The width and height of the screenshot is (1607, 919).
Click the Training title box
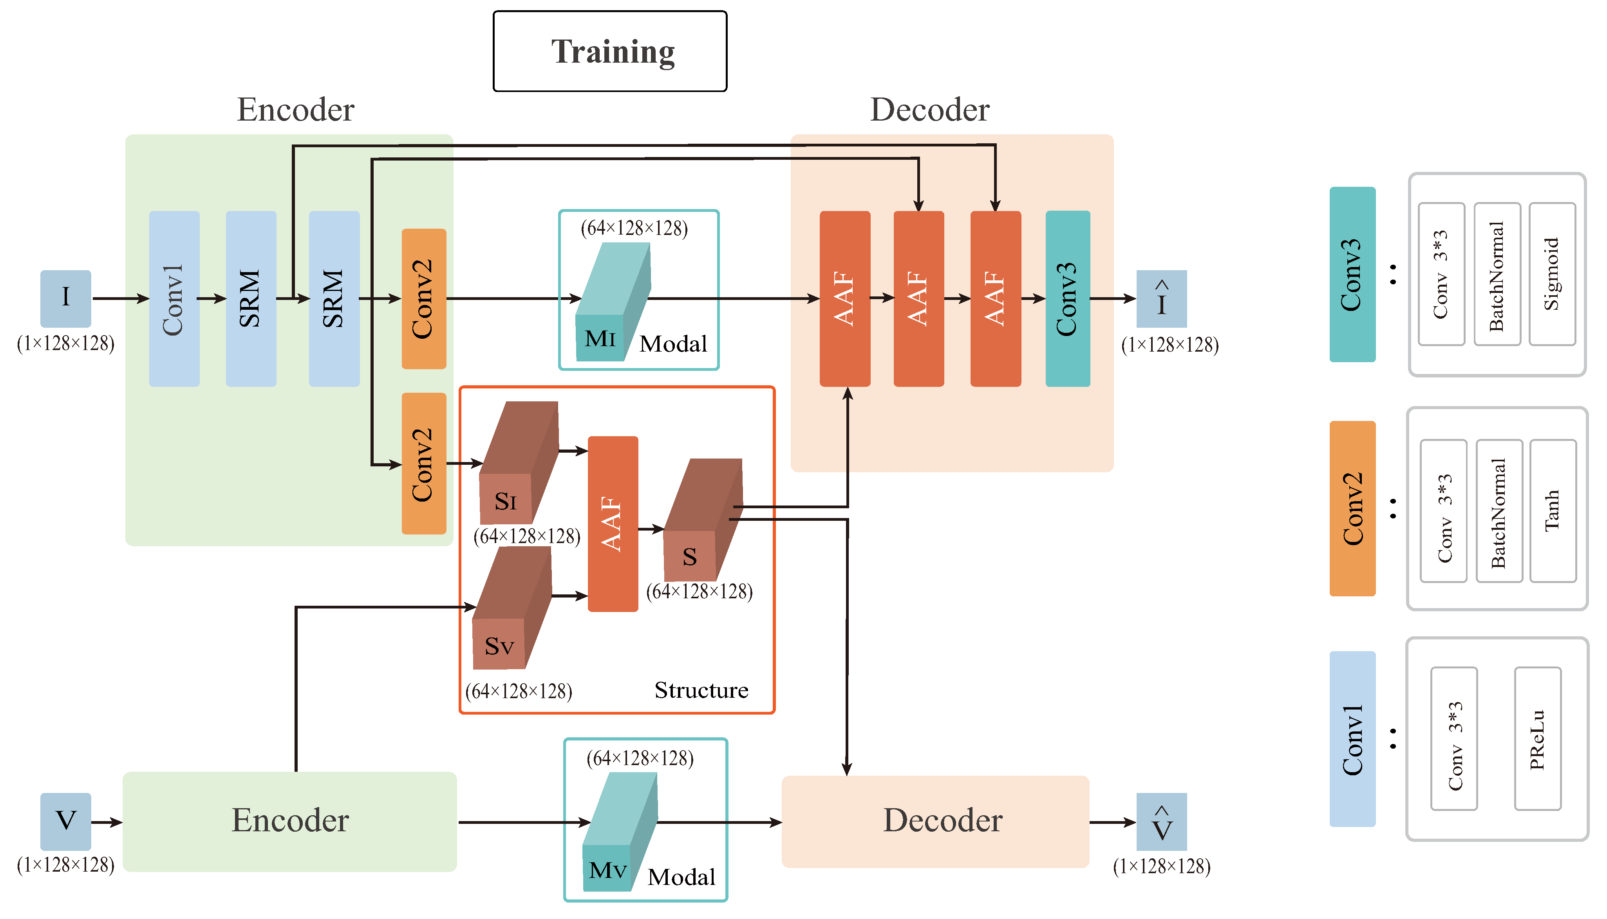click(610, 51)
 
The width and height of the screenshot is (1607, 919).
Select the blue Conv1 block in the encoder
click(174, 298)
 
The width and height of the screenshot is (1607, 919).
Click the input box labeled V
click(66, 821)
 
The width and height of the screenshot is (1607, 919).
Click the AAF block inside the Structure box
click(612, 524)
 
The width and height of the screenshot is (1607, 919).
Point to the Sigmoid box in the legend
click(1552, 274)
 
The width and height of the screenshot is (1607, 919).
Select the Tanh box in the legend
click(1553, 511)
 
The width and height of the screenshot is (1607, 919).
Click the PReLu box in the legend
click(1538, 738)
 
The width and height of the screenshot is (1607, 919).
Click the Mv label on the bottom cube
click(607, 870)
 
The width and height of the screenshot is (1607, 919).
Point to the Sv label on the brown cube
click(499, 646)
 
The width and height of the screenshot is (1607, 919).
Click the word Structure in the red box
click(701, 690)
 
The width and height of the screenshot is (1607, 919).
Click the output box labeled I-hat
click(1161, 298)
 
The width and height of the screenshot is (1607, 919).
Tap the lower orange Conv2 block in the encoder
click(423, 464)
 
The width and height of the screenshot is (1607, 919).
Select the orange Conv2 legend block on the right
click(1352, 509)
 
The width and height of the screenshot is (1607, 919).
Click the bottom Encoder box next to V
click(290, 821)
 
